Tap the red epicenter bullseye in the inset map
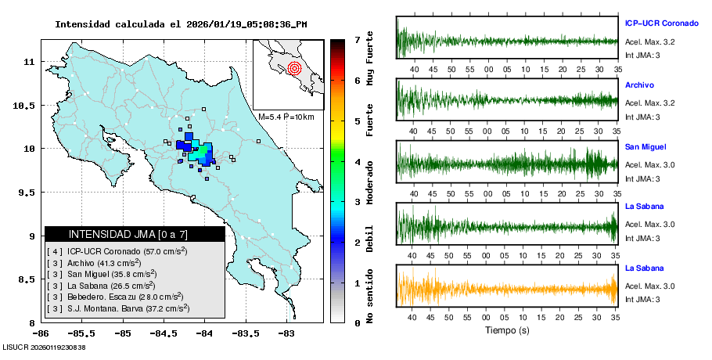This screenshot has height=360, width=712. (x=294, y=68)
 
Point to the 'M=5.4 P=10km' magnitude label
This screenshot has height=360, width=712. (x=286, y=117)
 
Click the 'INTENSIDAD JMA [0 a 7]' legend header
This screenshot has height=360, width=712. (x=128, y=234)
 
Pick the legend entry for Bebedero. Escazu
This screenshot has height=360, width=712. (x=125, y=297)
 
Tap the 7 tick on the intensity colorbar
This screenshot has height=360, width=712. (x=357, y=39)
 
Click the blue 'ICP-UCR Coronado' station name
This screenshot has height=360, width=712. (x=660, y=23)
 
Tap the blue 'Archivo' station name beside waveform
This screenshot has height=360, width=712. (x=639, y=85)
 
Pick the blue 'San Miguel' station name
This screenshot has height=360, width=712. (x=645, y=146)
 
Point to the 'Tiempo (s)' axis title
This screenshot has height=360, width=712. (x=507, y=330)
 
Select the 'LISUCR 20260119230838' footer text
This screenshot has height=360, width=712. (x=44, y=347)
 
